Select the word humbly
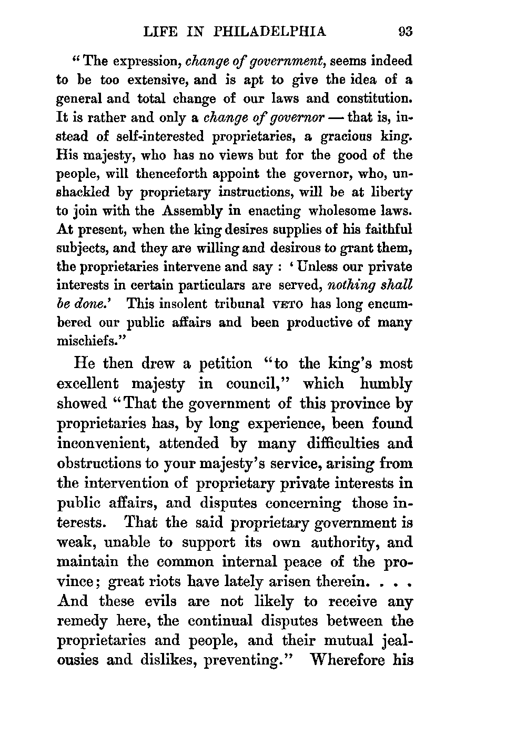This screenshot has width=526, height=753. pyautogui.click(x=387, y=384)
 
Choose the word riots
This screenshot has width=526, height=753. pyautogui.click(x=165, y=582)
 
